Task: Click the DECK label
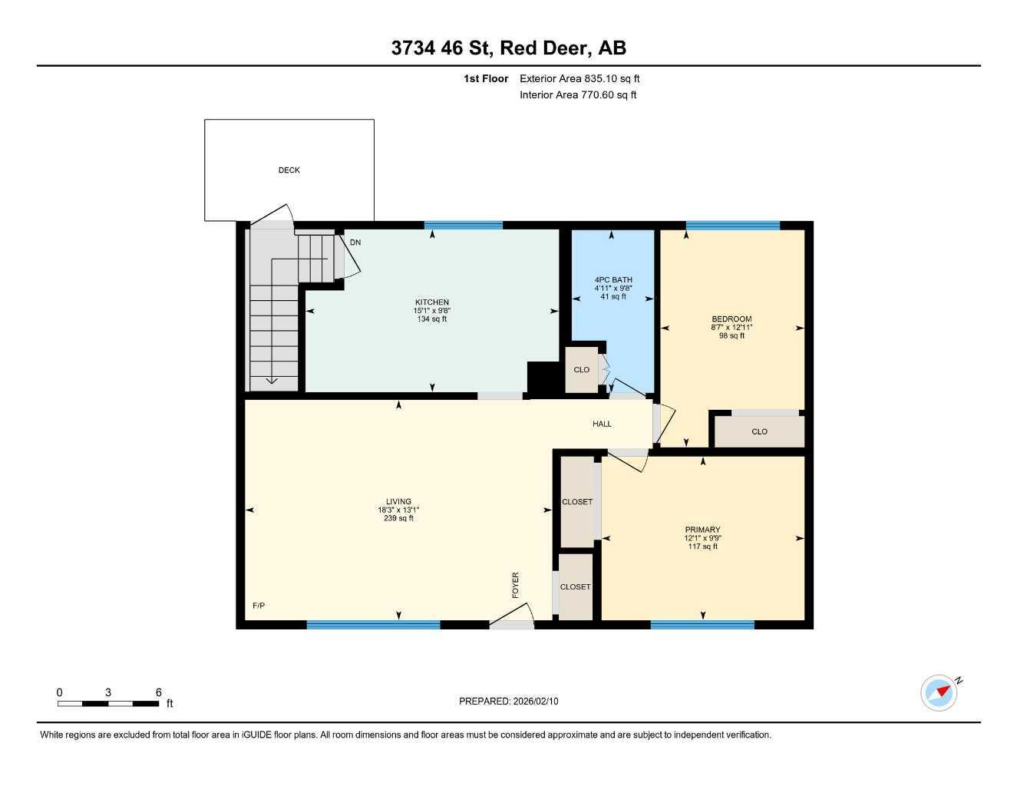click(x=289, y=170)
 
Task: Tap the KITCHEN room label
click(x=431, y=302)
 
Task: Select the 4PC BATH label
click(x=613, y=280)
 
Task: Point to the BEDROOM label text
click(x=731, y=319)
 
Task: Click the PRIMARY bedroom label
click(x=702, y=530)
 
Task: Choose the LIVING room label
click(x=398, y=502)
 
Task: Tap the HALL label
click(x=602, y=424)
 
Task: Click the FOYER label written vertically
click(x=516, y=585)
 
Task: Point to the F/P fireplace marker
click(x=259, y=606)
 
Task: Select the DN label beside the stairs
click(x=355, y=243)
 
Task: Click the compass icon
click(x=939, y=692)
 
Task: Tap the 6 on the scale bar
click(x=159, y=692)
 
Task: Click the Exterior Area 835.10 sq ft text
click(x=579, y=78)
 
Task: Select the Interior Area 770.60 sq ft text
click(x=578, y=95)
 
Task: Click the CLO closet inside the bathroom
click(x=582, y=370)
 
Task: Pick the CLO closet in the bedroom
click(x=759, y=431)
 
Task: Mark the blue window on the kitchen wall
click(x=463, y=226)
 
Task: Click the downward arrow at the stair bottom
click(x=271, y=379)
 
